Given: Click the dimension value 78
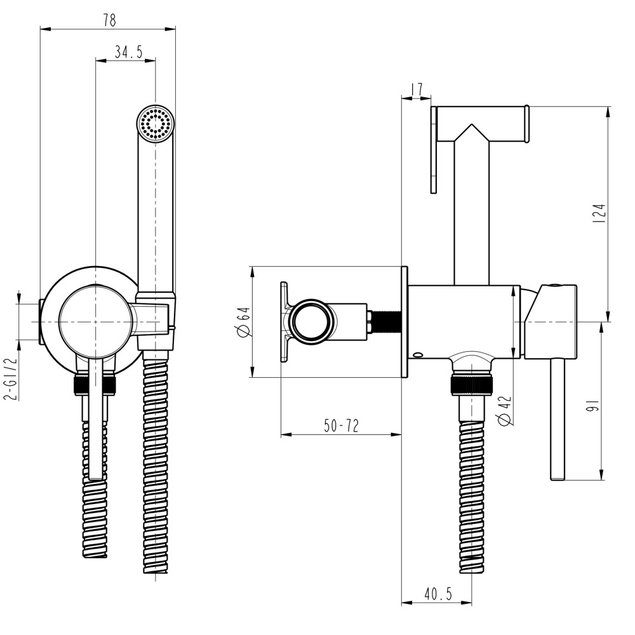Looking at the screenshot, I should (109, 20).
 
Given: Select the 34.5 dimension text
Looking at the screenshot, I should (128, 53).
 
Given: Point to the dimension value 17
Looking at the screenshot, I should (417, 90).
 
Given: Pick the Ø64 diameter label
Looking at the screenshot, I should (243, 322).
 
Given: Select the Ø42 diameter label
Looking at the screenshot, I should (505, 411).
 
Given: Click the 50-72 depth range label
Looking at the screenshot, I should (341, 426).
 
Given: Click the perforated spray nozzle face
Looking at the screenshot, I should (156, 123).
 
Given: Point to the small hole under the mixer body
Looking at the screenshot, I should (417, 355).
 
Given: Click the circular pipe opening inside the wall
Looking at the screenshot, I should (311, 322).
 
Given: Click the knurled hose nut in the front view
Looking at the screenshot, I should (95, 384).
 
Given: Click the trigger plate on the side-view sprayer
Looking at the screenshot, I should (434, 150).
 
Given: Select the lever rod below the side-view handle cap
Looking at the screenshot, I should (558, 419).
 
